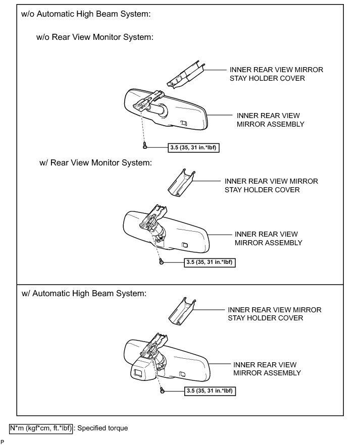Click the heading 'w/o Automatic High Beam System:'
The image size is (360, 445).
pos(86,15)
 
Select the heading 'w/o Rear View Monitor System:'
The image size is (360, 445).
pos(95,37)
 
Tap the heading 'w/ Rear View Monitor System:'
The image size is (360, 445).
pos(95,163)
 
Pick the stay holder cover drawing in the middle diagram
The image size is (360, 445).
pos(181,183)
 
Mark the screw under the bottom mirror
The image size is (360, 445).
pos(162,390)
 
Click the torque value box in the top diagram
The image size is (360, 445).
pos(194,147)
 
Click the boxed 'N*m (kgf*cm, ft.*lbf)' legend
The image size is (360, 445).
pos(41,428)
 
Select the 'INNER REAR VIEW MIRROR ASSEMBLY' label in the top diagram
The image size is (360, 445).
pos(271,120)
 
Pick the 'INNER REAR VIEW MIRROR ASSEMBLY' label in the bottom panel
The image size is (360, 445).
pos(267,368)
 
